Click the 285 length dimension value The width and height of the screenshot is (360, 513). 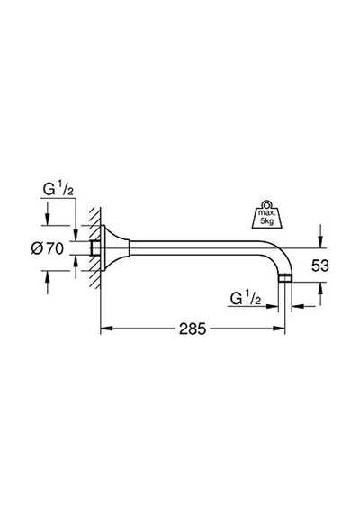click(x=193, y=328)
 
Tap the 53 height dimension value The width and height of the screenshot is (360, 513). click(x=319, y=265)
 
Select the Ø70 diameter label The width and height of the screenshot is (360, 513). click(x=48, y=249)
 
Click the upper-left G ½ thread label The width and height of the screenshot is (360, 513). click(x=58, y=189)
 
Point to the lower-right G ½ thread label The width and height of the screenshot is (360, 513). click(x=246, y=299)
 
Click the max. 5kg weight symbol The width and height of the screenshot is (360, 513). click(x=266, y=214)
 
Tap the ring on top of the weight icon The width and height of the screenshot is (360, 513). click(x=266, y=204)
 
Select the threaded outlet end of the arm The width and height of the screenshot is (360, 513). click(x=284, y=279)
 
